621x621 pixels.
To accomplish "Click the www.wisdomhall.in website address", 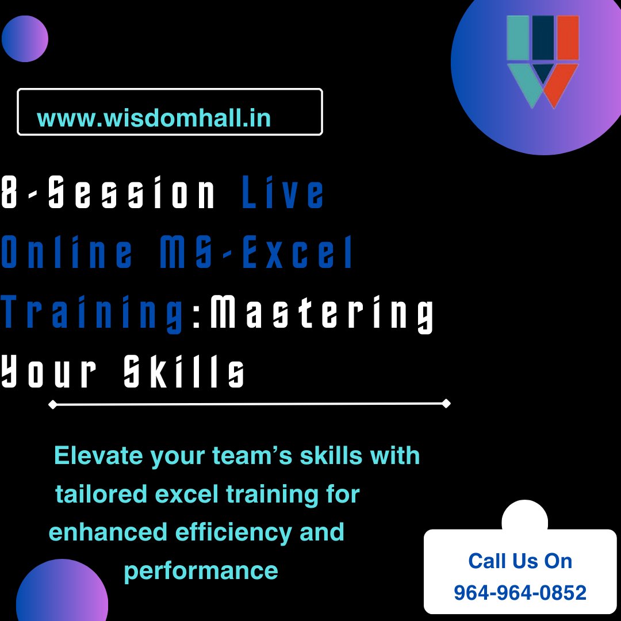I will (x=154, y=118).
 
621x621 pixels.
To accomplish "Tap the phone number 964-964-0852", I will (x=520, y=592).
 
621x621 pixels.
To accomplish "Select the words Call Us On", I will (x=520, y=561).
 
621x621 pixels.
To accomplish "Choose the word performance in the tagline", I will (x=201, y=571).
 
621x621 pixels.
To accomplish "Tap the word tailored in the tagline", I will (x=95, y=494).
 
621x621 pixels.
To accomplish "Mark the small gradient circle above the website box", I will (x=25, y=39).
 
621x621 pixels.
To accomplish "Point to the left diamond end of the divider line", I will (x=52, y=405).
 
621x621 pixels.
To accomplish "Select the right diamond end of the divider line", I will (x=446, y=404).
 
